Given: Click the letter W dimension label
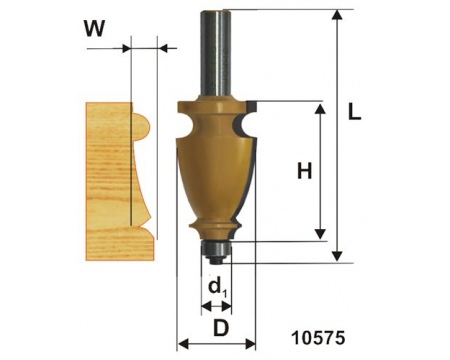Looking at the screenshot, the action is click(94, 28).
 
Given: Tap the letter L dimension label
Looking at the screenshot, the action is click(354, 111).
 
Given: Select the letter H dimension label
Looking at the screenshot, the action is click(305, 171).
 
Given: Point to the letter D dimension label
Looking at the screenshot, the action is click(221, 328).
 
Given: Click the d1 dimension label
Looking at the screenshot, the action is click(217, 288).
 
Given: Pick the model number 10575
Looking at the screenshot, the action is click(318, 338).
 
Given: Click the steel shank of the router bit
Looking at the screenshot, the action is click(216, 53).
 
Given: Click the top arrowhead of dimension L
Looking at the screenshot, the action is click(338, 15).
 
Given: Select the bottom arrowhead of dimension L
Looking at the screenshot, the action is click(338, 256).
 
